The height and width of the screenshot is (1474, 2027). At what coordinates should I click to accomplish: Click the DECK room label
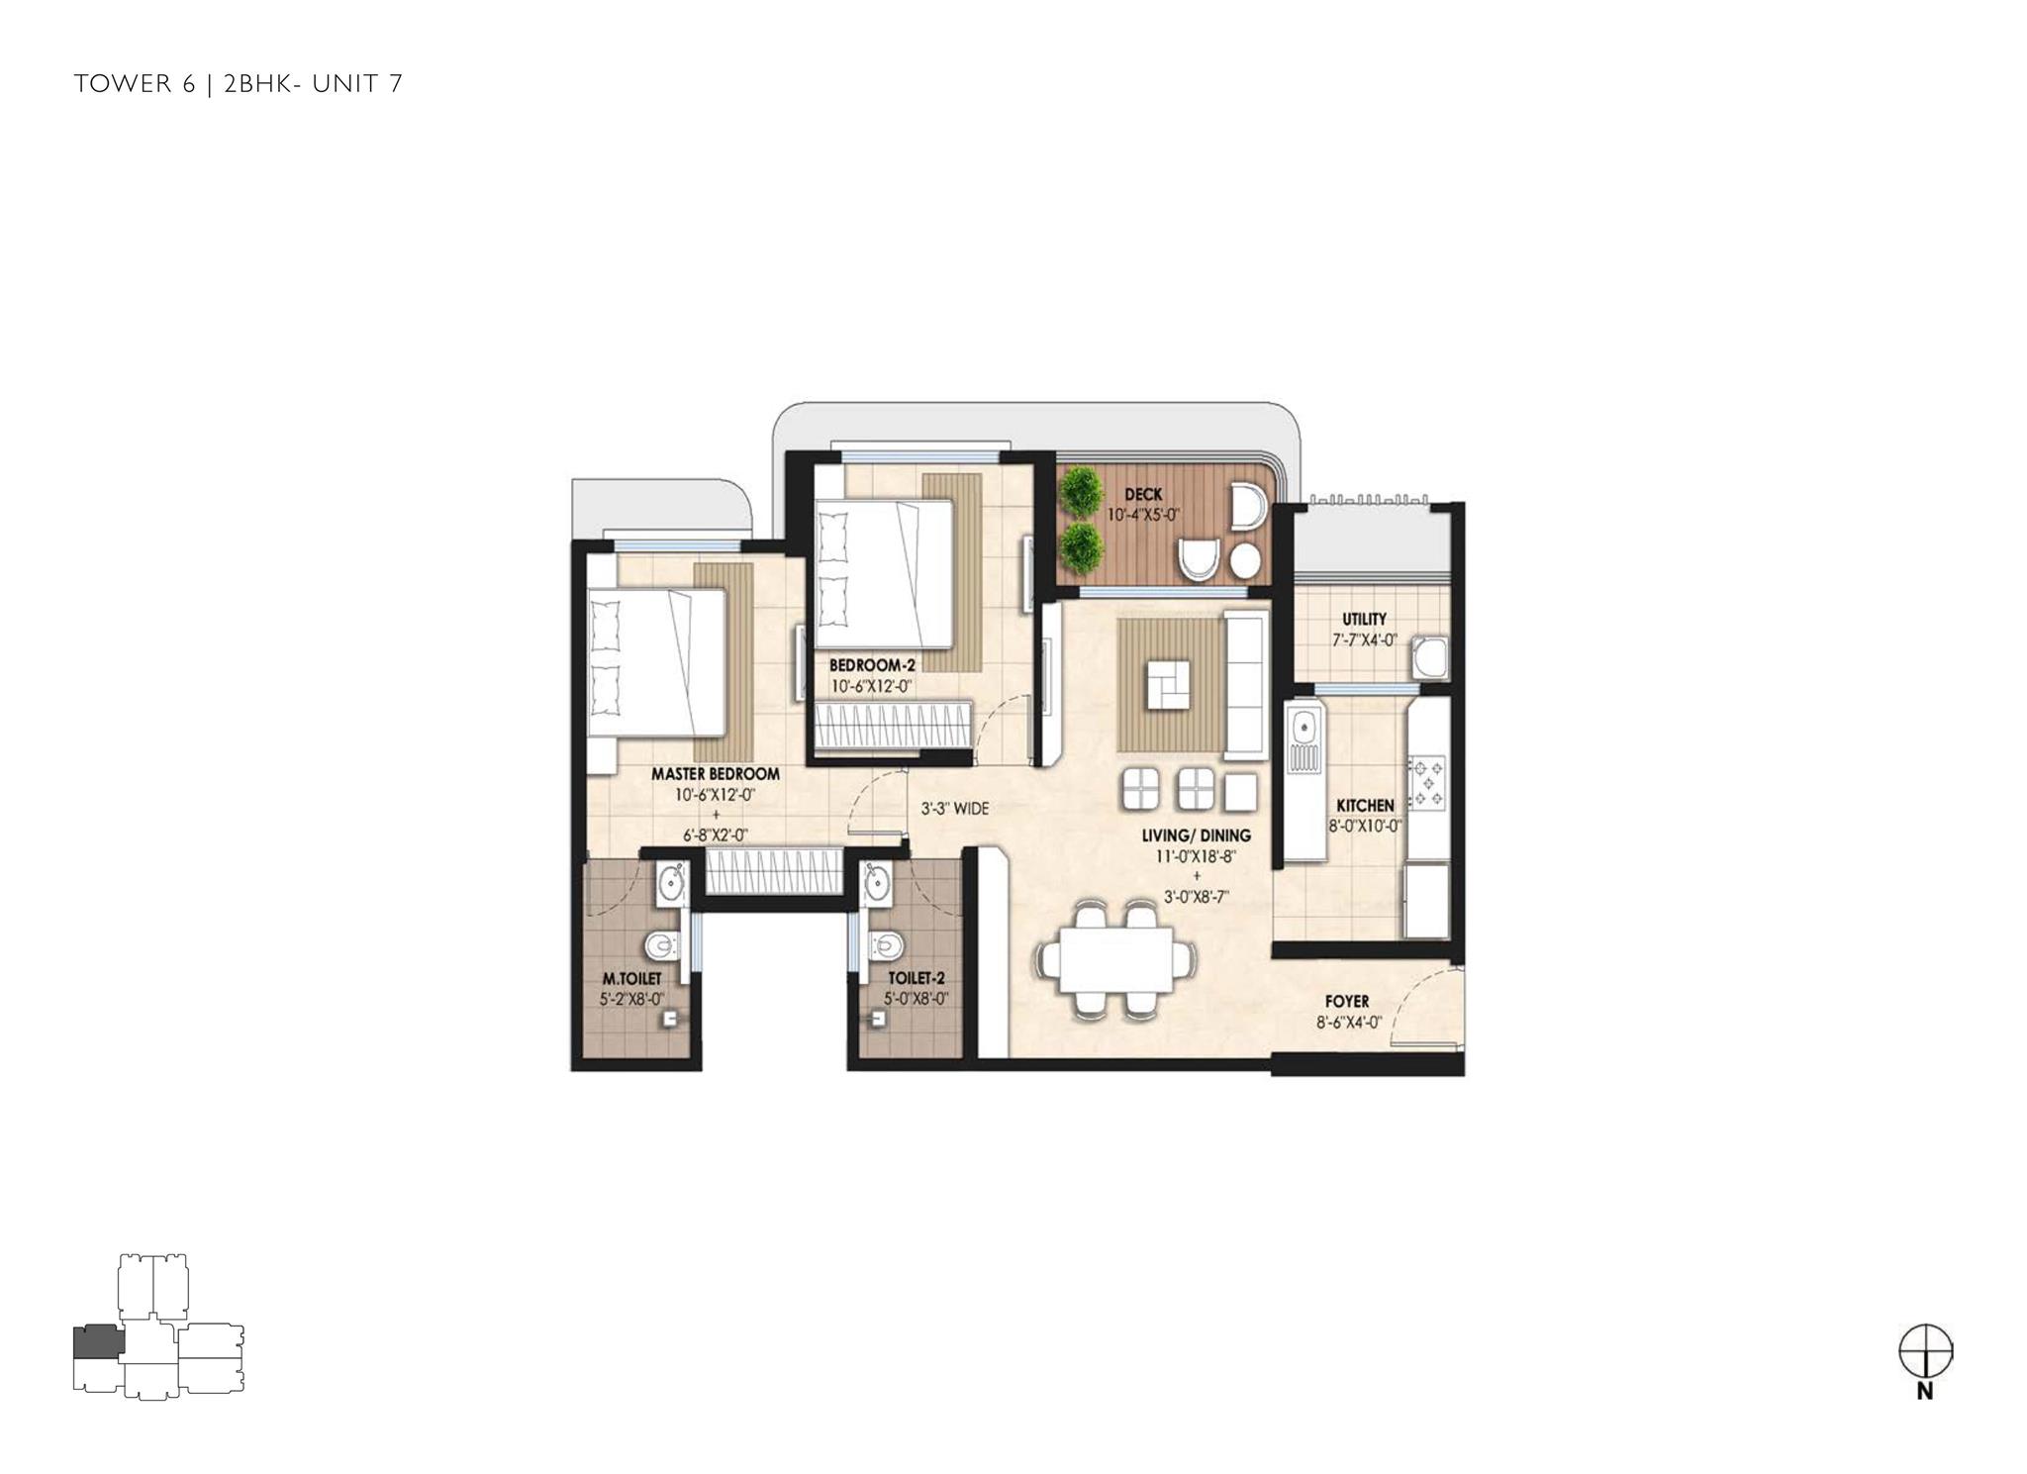click(x=1143, y=494)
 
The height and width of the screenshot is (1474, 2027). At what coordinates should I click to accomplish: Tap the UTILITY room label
click(x=1364, y=620)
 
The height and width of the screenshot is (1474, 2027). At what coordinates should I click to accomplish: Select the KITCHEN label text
click(x=1365, y=806)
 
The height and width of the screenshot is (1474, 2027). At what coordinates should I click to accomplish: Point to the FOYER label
click(x=1347, y=1002)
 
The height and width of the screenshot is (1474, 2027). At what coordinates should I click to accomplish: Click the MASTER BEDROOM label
click(x=715, y=774)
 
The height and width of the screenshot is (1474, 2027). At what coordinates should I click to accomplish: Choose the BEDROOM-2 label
click(x=871, y=665)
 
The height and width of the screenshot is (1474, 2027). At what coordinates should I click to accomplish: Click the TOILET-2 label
click(x=917, y=979)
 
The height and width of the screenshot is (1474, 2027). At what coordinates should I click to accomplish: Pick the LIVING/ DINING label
click(x=1198, y=835)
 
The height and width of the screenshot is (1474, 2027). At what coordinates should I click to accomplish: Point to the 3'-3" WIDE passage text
click(x=954, y=809)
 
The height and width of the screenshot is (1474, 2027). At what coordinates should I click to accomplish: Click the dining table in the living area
click(x=1115, y=959)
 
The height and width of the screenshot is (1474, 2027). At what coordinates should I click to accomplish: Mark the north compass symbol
click(x=1925, y=1360)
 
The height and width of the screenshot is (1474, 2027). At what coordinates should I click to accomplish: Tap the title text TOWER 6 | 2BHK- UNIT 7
click(x=239, y=84)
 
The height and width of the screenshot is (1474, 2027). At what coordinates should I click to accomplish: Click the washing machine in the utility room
click(x=1427, y=657)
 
